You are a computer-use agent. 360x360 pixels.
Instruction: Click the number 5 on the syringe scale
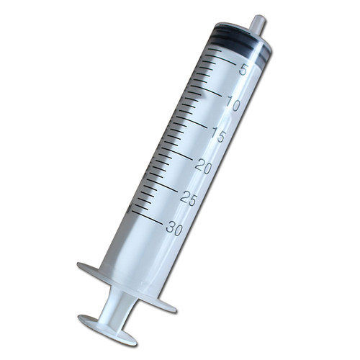pos(243,70)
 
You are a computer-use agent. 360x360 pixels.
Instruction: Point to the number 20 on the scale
pos(204,167)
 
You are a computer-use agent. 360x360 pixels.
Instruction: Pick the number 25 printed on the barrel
pos(189,199)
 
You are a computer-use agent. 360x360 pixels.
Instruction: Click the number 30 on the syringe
pos(174,228)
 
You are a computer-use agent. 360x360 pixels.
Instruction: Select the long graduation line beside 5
pos(220,59)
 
